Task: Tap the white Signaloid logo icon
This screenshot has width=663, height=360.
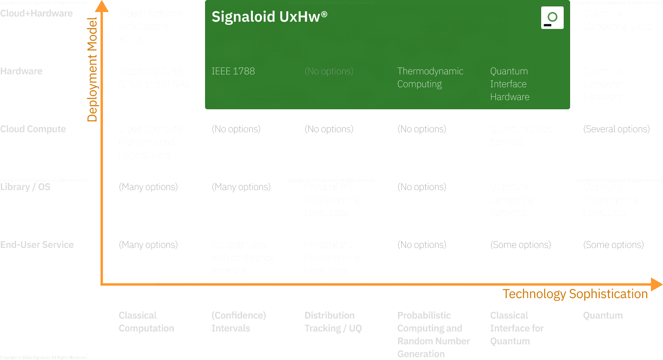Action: coord(552,18)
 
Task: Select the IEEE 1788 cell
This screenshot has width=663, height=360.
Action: coord(233,71)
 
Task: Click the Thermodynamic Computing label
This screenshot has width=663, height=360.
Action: coord(430,78)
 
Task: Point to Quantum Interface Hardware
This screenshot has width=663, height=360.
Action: coord(509,84)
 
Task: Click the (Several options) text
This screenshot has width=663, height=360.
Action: coord(616,129)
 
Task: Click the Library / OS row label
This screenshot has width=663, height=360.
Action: coord(25,187)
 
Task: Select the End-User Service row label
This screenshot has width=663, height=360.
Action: coord(37,245)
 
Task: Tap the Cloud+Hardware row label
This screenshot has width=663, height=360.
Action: coord(37,13)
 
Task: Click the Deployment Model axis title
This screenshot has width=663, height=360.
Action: coord(92,70)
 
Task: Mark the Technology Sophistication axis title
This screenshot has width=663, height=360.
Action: coord(575,294)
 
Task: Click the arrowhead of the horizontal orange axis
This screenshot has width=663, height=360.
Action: coord(656,284)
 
